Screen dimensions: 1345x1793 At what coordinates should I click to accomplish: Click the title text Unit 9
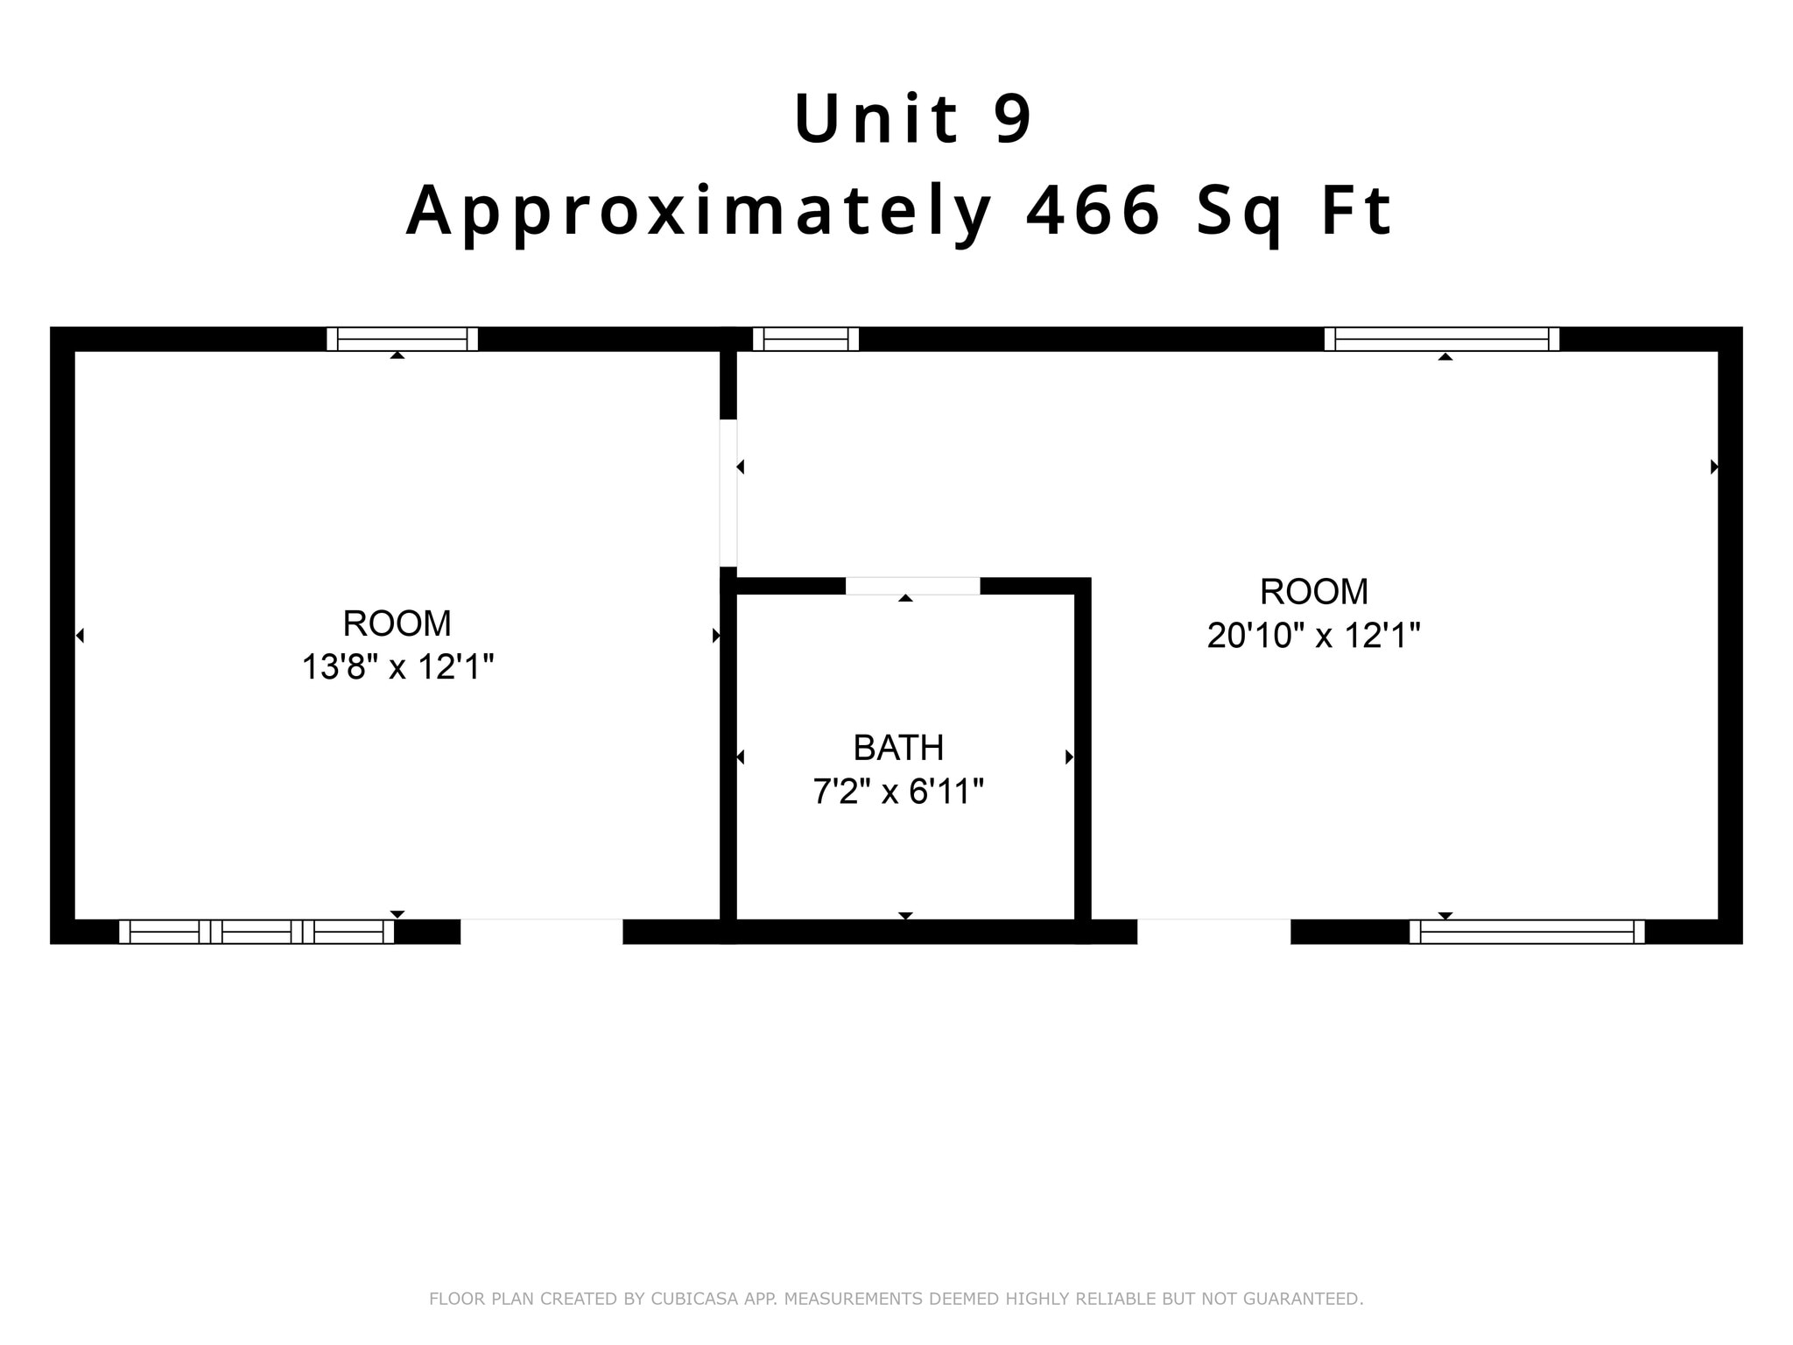point(913,119)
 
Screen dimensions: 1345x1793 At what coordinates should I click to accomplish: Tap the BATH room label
point(898,748)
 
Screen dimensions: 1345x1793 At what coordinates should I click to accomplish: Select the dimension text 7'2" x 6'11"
point(898,792)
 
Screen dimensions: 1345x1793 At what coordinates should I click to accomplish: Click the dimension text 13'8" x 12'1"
point(397,667)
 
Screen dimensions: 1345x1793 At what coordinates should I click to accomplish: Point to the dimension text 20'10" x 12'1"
point(1313,635)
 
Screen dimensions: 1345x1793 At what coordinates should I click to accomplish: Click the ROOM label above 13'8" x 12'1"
point(397,623)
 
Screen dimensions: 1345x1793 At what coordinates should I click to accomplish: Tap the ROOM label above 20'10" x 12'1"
point(1313,592)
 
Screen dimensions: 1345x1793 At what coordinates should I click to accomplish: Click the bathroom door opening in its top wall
point(912,586)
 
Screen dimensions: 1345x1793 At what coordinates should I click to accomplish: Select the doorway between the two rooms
point(728,494)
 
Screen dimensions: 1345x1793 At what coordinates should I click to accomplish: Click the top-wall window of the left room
point(402,339)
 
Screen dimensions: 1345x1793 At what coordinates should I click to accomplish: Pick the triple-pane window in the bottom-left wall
point(257,932)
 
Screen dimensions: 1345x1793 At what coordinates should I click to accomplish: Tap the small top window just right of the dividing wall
point(805,339)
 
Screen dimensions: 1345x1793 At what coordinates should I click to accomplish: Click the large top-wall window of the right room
point(1441,339)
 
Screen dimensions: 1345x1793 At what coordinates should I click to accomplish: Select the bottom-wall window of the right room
point(1527,932)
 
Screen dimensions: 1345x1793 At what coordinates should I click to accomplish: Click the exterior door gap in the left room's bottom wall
point(541,932)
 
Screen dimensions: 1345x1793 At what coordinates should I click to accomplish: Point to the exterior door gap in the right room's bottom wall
point(1213,932)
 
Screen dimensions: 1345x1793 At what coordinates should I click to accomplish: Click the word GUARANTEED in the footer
point(1303,1299)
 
